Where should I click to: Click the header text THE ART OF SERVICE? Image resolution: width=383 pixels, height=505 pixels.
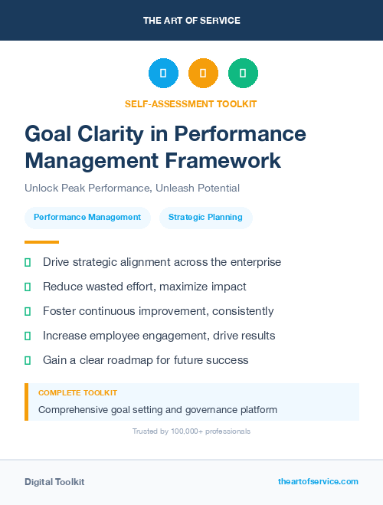coord(191,21)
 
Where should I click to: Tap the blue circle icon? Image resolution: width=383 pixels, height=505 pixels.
coord(163,74)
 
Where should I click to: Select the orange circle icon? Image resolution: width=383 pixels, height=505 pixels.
coord(203,74)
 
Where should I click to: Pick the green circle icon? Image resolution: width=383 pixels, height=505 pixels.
coord(243,74)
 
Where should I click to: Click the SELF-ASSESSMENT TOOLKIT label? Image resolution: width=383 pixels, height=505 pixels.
coord(191,103)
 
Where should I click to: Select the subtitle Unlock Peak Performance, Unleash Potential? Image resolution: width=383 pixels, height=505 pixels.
coord(132,188)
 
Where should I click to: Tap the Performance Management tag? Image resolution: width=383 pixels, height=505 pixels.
coord(87,217)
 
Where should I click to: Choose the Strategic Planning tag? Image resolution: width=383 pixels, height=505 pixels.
coord(205,217)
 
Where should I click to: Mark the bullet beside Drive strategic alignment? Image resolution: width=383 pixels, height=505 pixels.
coord(28,262)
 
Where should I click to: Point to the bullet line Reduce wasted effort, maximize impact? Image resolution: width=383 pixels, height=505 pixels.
coord(145,287)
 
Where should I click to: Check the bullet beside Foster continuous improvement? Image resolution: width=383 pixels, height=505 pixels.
coord(28,311)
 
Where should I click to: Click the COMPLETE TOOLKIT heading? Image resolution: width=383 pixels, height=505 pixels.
coord(77,393)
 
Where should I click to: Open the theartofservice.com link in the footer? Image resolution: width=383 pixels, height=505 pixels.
coord(318,481)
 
